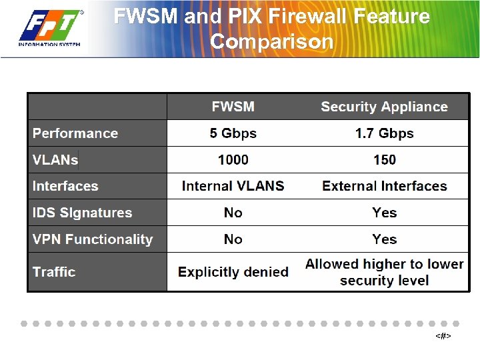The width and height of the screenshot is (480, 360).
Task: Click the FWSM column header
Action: pyautogui.click(x=233, y=107)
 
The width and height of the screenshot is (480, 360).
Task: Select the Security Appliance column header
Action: pyautogui.click(x=384, y=107)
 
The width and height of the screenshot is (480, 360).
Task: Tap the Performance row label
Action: pyautogui.click(x=75, y=133)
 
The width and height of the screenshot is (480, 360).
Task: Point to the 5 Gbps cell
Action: pyautogui.click(x=233, y=133)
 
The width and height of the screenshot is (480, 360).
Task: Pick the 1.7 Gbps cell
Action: pyautogui.click(x=384, y=133)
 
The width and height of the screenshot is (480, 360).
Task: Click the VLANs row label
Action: pyautogui.click(x=55, y=160)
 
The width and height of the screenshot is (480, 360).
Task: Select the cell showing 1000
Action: pyautogui.click(x=233, y=160)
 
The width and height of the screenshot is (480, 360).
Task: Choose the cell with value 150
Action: pyautogui.click(x=384, y=160)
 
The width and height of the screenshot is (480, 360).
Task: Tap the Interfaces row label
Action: pyautogui.click(x=65, y=186)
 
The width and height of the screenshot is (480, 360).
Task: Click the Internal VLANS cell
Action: pyautogui.click(x=233, y=186)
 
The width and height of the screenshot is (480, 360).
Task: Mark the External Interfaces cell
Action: pyautogui.click(x=384, y=186)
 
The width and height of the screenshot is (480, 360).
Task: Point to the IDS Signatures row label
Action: pyautogui.click(x=82, y=213)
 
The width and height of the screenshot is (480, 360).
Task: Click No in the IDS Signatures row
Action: pyautogui.click(x=233, y=213)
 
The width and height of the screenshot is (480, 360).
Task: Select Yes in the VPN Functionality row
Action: pyautogui.click(x=384, y=239)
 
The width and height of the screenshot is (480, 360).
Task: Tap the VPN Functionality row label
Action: pyautogui.click(x=93, y=239)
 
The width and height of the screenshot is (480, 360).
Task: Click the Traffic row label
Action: pyautogui.click(x=54, y=272)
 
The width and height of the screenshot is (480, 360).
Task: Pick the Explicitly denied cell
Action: pyautogui.click(x=233, y=272)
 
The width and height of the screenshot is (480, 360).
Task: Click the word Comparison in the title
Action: pyautogui.click(x=271, y=41)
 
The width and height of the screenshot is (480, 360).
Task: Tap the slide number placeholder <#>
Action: pyautogui.click(x=443, y=336)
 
